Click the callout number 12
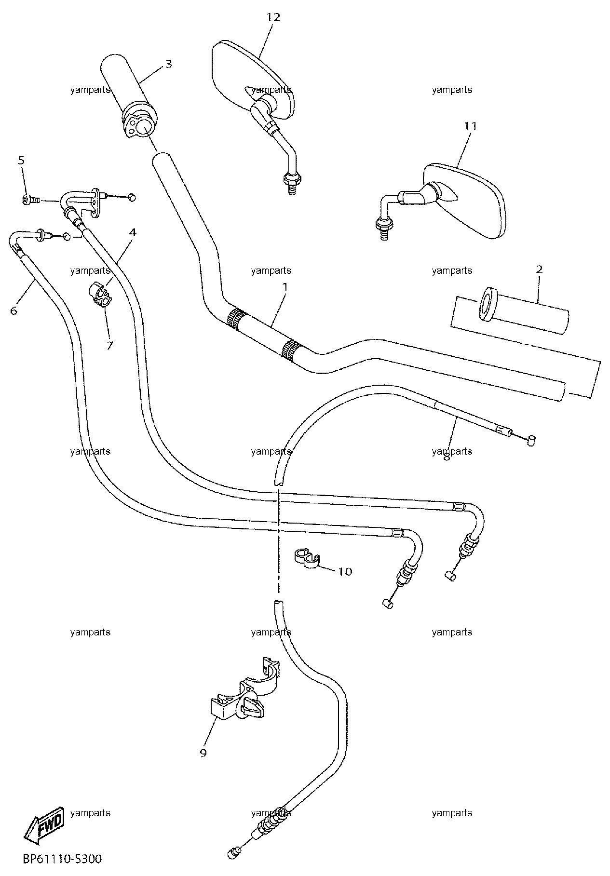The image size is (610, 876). pos(273,17)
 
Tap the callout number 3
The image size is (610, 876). pos(168,64)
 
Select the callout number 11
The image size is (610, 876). pos(470,126)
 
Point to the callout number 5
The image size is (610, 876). pos(21,160)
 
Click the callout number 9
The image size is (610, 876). pos(203,753)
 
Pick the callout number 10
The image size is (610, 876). pos(345,572)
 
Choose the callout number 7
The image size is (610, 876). pos(109,345)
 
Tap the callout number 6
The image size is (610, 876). pos(14,311)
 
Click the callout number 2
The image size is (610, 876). pos(539,269)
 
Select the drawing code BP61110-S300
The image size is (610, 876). pos(62,859)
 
